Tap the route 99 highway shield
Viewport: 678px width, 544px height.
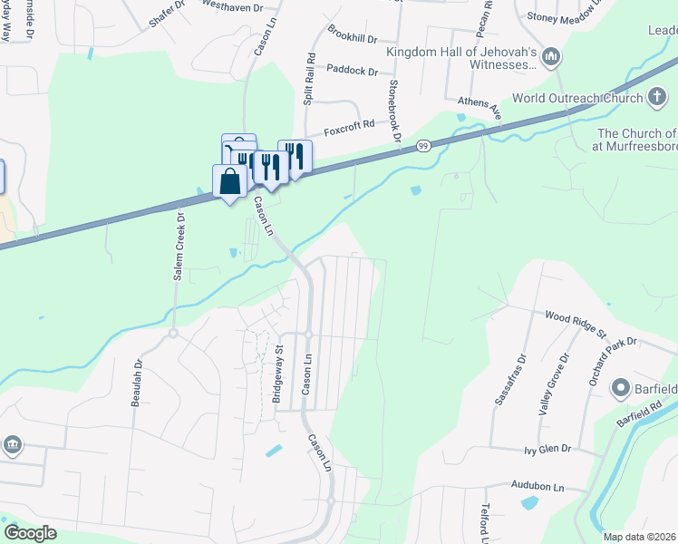point(423,145)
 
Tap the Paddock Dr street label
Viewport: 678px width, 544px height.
point(352,69)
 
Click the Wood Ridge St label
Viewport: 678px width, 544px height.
point(575,324)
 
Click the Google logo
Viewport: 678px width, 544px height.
point(30,533)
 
